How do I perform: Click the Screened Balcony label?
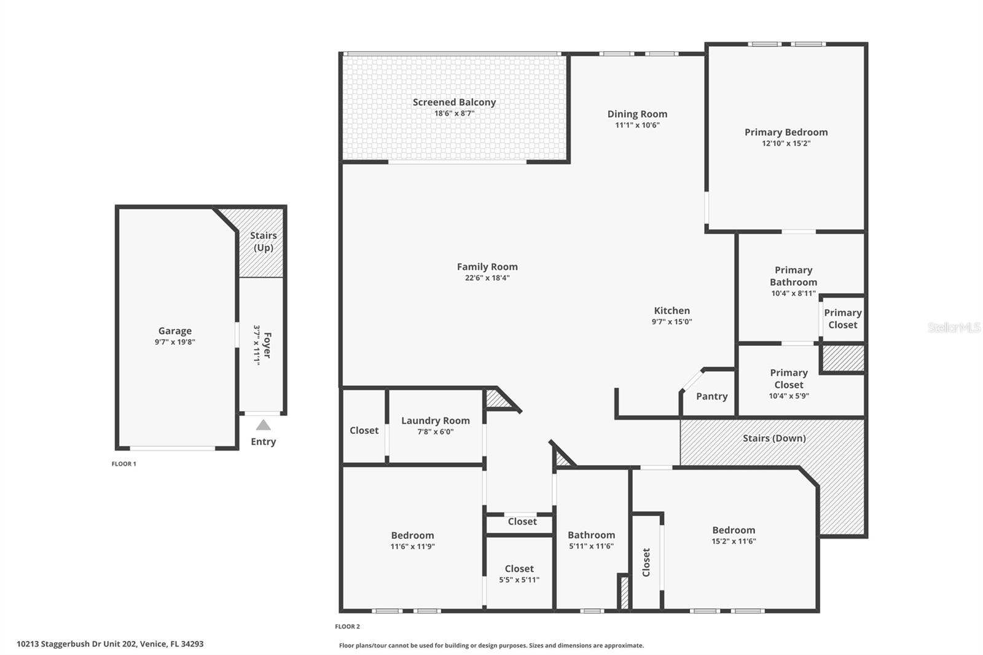(454, 103)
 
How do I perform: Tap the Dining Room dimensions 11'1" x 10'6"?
(637, 125)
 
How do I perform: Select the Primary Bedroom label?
(786, 132)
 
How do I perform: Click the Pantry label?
(711, 396)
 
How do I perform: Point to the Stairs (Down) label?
(773, 438)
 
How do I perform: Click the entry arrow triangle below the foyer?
(263, 425)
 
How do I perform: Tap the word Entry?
(263, 442)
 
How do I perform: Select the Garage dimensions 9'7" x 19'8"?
(174, 342)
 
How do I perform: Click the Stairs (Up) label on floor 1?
(263, 241)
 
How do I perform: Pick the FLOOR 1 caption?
(123, 464)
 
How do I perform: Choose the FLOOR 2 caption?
(347, 627)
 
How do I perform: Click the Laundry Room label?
(435, 421)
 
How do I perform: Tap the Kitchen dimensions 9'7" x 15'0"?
(672, 322)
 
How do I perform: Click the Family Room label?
(487, 267)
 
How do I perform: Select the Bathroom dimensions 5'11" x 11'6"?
(591, 546)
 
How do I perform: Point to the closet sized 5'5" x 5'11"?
(519, 574)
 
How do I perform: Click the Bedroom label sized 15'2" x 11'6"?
(734, 530)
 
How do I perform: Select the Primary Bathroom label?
(793, 276)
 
